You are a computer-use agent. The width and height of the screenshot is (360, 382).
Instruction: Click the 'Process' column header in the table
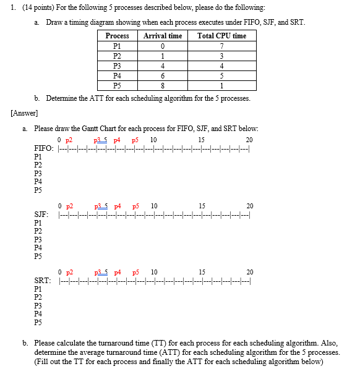tap(118, 36)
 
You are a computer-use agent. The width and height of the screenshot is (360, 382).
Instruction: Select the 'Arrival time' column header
tap(163, 36)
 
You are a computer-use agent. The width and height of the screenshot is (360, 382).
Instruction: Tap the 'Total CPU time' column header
tap(221, 36)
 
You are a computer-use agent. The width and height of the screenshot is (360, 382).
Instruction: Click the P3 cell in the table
tap(118, 66)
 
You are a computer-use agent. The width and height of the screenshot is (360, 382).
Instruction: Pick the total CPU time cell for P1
tap(221, 46)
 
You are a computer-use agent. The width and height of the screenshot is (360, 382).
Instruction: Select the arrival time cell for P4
tap(163, 76)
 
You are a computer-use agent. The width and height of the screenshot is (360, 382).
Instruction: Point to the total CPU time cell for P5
tap(221, 86)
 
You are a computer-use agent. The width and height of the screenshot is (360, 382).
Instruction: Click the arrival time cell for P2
tap(163, 56)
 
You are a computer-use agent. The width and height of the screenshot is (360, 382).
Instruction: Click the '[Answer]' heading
tap(24, 113)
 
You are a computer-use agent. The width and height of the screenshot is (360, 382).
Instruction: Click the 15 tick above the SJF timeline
tap(202, 206)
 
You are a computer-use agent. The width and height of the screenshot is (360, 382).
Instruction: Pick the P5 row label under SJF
tap(38, 256)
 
